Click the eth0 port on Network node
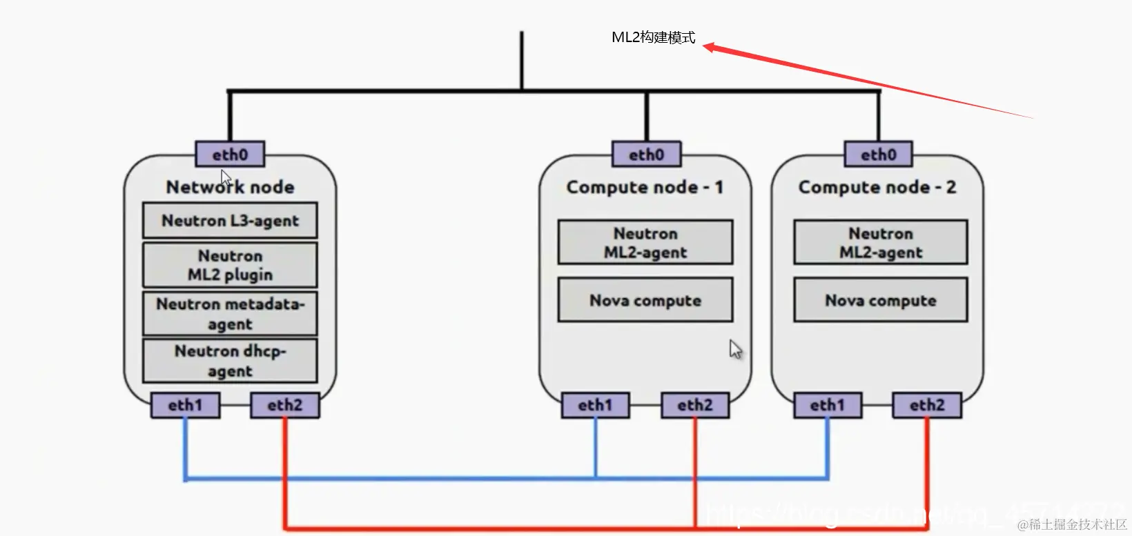230,155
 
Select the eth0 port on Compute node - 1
646,155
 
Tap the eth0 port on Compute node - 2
878,155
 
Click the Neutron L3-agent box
230,221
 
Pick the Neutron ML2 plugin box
230,265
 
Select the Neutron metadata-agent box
230,314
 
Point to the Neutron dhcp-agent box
230,361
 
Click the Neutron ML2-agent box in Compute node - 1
645,243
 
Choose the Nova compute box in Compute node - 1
645,301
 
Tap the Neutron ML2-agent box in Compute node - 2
881,243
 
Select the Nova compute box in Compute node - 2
881,301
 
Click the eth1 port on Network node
185,405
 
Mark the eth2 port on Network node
285,405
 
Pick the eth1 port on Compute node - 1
595,405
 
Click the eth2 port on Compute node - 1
694,405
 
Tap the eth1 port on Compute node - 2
828,405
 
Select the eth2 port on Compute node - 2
927,405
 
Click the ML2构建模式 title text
653,38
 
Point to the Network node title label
230,187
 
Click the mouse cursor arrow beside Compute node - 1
736,349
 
